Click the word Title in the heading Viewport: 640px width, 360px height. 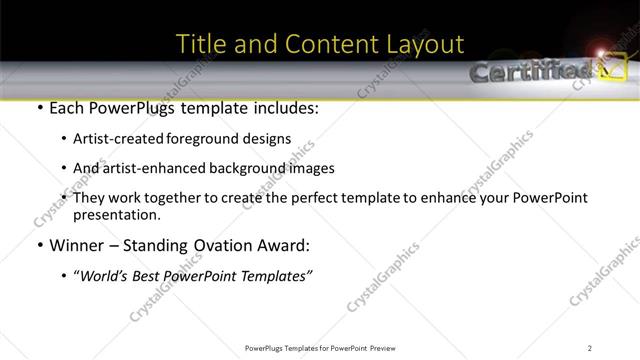(x=198, y=44)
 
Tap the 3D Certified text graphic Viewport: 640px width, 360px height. (x=529, y=72)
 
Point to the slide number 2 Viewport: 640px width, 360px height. (x=590, y=347)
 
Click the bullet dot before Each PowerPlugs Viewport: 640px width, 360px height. (x=38, y=108)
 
